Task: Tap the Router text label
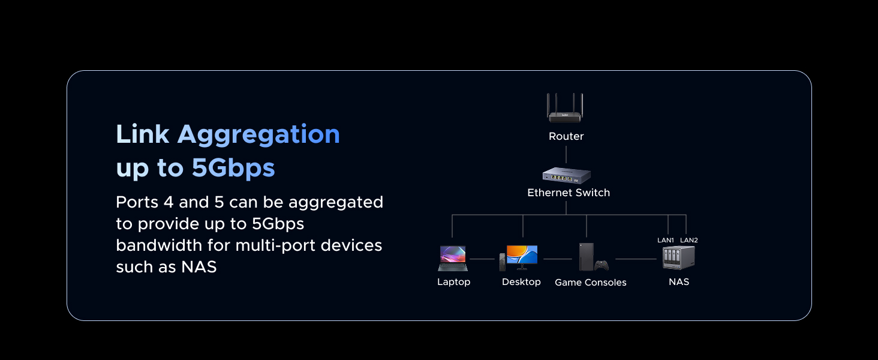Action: click(566, 136)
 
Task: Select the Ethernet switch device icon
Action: click(567, 175)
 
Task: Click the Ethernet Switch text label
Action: click(569, 193)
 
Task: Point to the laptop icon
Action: click(453, 259)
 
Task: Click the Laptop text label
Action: click(453, 282)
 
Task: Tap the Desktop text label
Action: click(521, 282)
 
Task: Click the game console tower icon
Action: click(587, 257)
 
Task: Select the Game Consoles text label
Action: click(590, 283)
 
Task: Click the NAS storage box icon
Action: click(678, 257)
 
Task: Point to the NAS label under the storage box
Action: click(679, 282)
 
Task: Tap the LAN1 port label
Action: click(666, 240)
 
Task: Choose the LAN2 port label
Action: click(689, 240)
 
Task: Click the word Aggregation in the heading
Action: click(258, 135)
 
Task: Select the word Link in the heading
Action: click(142, 134)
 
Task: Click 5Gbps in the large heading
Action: click(233, 169)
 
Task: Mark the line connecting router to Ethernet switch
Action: click(566, 154)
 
